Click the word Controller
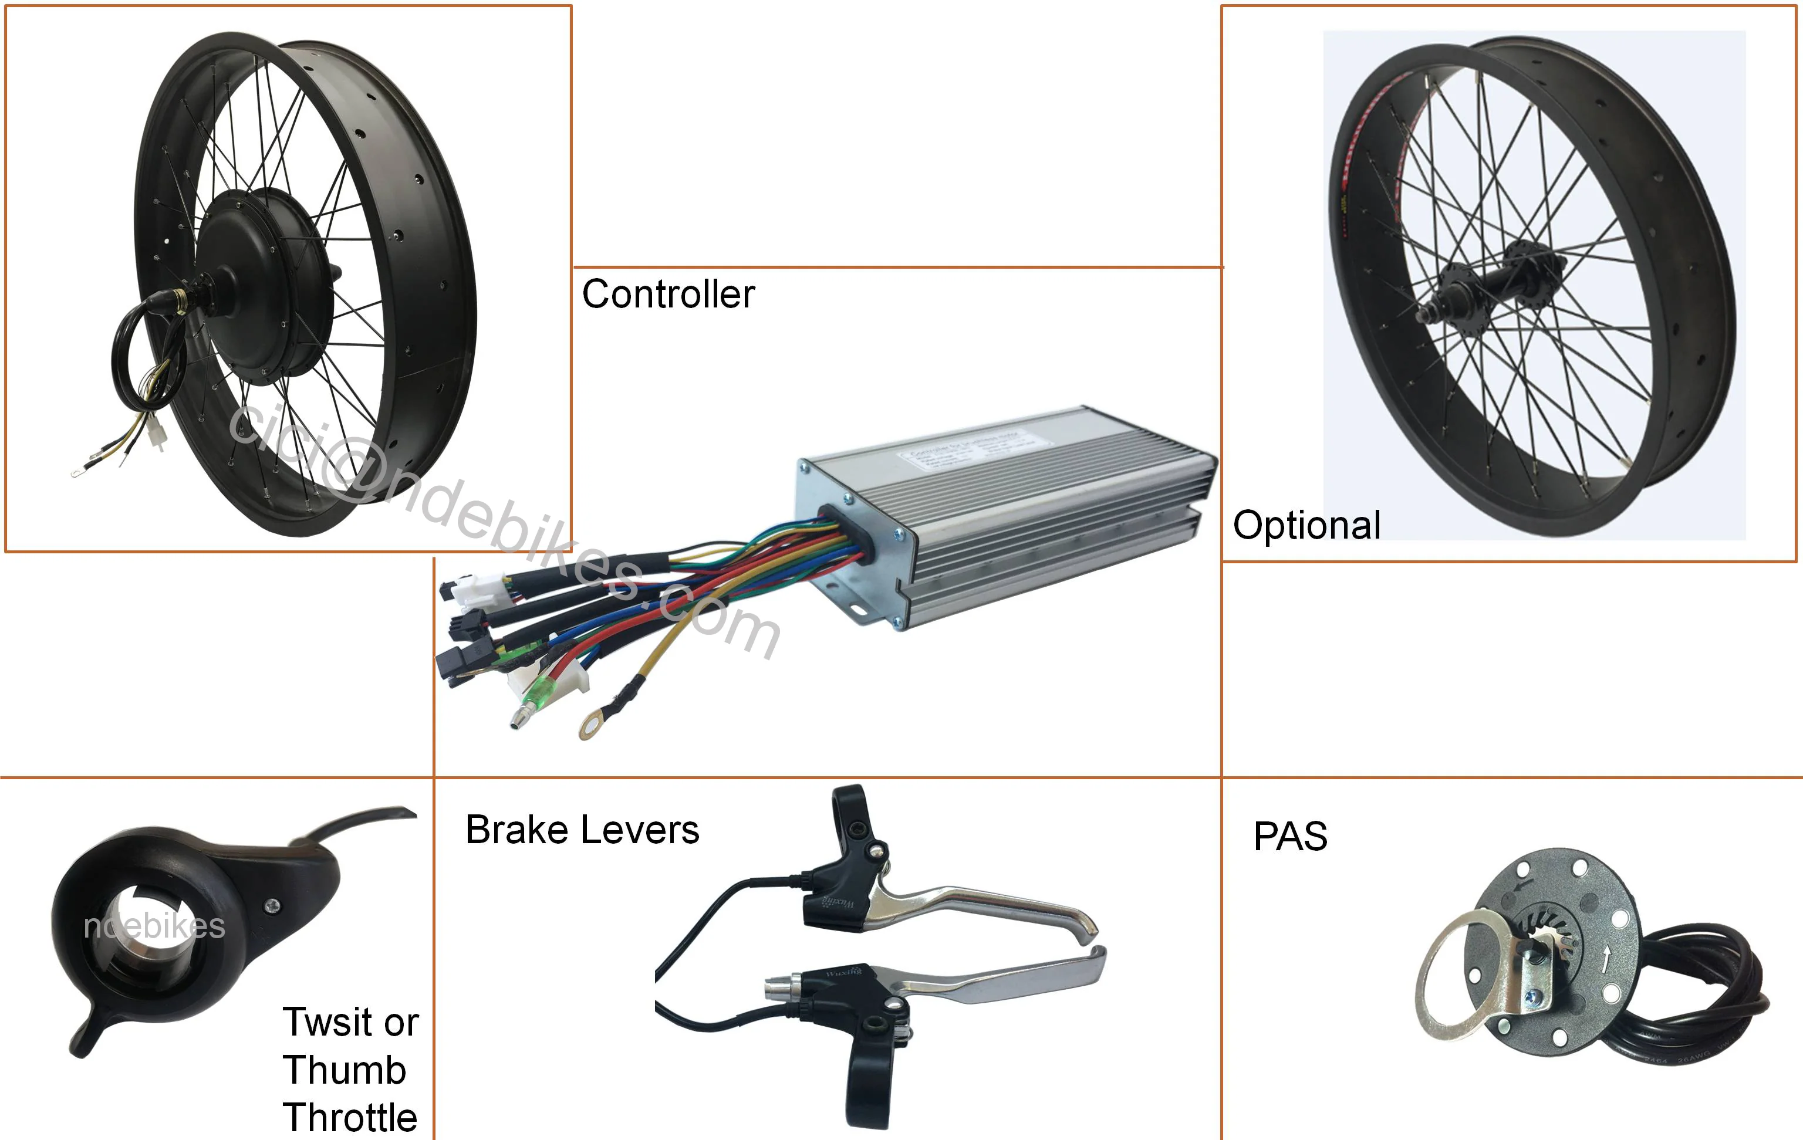pyautogui.click(x=668, y=294)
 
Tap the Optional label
pyautogui.click(x=1306, y=526)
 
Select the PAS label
pyautogui.click(x=1290, y=836)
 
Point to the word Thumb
pyautogui.click(x=345, y=1070)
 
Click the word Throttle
pyautogui.click(x=350, y=1118)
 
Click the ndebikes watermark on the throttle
pyautogui.click(x=154, y=926)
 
